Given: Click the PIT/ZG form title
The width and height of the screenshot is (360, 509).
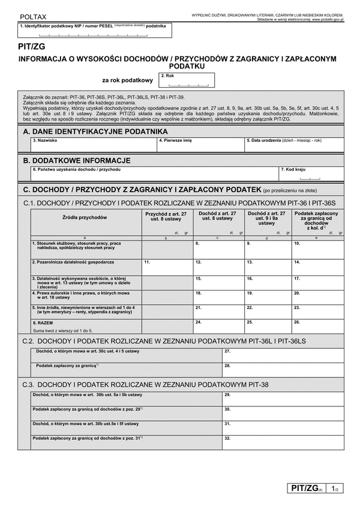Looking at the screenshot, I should (32, 46).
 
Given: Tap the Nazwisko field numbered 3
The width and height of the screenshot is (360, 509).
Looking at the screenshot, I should (94, 145).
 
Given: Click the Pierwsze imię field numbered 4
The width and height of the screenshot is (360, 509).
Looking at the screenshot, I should (201, 145).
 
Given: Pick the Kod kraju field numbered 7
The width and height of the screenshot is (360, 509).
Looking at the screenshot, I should (311, 175).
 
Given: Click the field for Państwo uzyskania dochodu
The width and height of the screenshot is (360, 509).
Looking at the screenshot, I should (155, 175).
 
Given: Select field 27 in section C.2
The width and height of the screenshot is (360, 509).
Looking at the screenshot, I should (282, 355).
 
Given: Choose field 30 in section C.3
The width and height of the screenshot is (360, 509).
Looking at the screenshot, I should (282, 413).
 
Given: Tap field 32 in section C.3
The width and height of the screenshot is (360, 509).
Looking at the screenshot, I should (282, 442).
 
